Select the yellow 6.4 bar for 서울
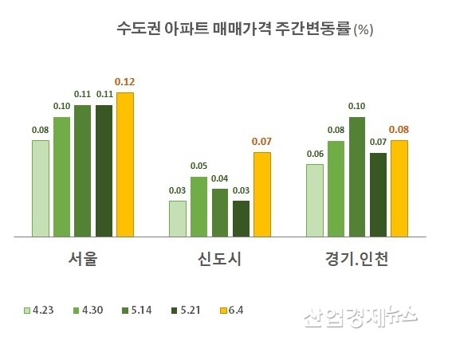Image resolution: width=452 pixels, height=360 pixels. coord(124,164)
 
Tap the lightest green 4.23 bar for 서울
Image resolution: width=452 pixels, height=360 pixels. coord(41,188)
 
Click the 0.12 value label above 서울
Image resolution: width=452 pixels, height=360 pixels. coord(124,82)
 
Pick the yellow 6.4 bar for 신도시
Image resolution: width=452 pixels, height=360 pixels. coord(262,194)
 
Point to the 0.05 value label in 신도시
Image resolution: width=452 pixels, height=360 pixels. coord(198,166)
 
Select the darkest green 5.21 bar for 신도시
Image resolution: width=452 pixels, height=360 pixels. coord(241,218)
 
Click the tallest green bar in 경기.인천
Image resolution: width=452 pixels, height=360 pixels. coord(357,176)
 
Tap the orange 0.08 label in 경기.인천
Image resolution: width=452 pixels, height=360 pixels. coord(399,129)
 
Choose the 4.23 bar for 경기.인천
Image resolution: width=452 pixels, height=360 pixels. coord(315,200)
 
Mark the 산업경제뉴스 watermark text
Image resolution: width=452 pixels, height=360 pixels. coord(360,318)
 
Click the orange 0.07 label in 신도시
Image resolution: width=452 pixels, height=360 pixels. coord(262,142)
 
